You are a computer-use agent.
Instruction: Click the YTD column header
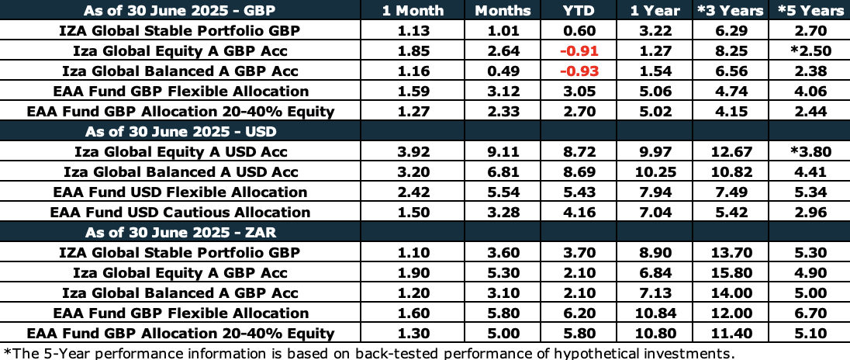pos(582,10)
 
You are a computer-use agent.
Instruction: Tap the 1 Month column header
pos(413,10)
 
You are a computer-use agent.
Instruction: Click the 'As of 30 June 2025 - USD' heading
pos(181,131)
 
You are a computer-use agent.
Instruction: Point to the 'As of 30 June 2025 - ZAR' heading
pos(181,232)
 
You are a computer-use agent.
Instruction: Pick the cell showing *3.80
pos(810,152)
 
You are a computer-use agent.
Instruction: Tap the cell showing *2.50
pos(810,51)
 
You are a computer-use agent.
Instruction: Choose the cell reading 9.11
pos(504,152)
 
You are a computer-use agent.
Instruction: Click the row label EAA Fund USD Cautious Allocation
pos(180,212)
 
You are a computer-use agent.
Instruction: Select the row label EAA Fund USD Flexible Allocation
pos(180,192)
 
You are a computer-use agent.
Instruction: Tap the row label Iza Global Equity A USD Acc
pos(181,152)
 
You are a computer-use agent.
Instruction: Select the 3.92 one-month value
pos(413,152)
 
